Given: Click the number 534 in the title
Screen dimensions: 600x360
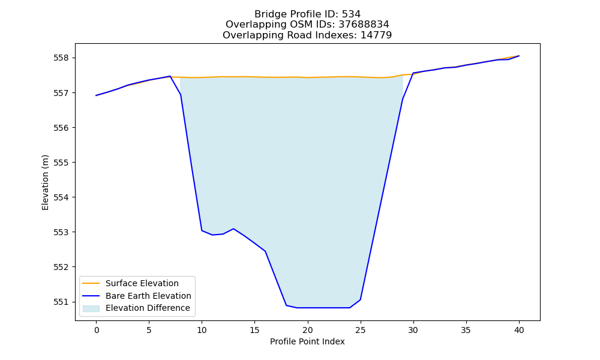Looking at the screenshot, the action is pos(351,14).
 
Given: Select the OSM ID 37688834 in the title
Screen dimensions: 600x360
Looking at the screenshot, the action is pos(364,25).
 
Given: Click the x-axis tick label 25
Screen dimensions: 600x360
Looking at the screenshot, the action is pos(360,330).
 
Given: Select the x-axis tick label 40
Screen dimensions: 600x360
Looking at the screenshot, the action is pos(519,330).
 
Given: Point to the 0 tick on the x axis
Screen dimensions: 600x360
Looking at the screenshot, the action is pos(96,330).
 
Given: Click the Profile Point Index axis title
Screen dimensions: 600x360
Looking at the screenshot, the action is pos(307,341).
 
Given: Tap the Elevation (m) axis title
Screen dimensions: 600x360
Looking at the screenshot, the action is pos(45,182).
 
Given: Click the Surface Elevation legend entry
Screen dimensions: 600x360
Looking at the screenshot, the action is pos(142,283).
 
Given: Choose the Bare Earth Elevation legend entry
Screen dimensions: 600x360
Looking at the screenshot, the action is pos(148,296).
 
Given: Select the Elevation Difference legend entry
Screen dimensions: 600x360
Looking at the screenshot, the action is pos(148,308).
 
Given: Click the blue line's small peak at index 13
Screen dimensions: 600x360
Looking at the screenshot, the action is pos(233,229).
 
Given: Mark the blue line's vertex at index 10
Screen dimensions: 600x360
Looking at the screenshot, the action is pos(202,230).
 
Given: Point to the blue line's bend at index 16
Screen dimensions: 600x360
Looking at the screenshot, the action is pos(265,251).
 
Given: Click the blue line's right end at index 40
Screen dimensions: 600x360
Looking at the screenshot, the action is pos(519,56).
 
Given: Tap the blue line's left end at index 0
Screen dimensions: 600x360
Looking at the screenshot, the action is pos(96,95).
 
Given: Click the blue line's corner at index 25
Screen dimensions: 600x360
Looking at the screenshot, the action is pos(360,299).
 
